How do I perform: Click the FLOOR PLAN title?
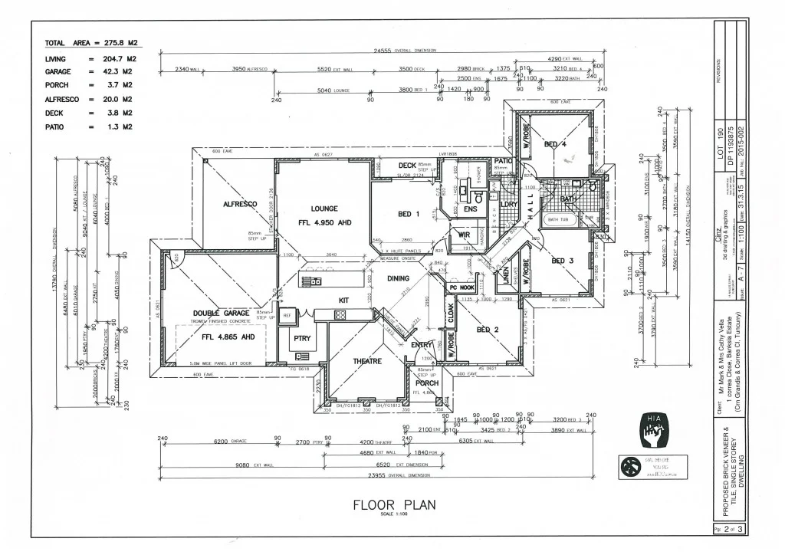393,505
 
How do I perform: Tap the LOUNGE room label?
324,209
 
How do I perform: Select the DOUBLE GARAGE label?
217,314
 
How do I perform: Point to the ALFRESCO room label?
239,205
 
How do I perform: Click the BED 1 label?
409,215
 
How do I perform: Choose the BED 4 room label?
555,144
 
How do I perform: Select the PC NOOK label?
462,287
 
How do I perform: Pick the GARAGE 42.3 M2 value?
121,71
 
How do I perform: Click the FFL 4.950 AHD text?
324,223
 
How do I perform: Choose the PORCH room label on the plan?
427,383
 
